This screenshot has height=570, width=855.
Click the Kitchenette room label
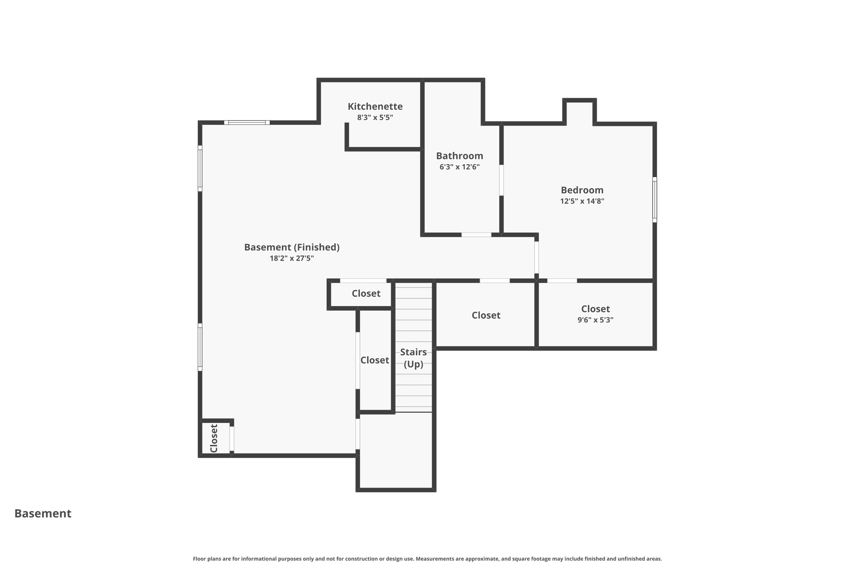pyautogui.click(x=375, y=106)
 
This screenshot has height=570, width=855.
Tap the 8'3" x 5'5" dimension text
pyautogui.click(x=375, y=118)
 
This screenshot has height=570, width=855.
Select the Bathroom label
pyautogui.click(x=459, y=156)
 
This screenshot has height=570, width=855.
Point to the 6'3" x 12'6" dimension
pyautogui.click(x=459, y=167)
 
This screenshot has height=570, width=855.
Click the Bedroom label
pyautogui.click(x=582, y=190)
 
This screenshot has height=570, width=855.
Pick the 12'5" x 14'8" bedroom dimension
pyautogui.click(x=582, y=201)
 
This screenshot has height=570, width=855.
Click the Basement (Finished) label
pyautogui.click(x=291, y=247)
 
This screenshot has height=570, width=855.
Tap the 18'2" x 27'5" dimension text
pyautogui.click(x=291, y=258)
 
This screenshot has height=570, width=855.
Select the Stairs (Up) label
pyautogui.click(x=413, y=358)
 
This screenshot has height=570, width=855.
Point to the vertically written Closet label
pyautogui.click(x=214, y=438)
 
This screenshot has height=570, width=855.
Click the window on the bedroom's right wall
pyautogui.click(x=654, y=200)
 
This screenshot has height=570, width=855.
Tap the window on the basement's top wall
pyautogui.click(x=247, y=123)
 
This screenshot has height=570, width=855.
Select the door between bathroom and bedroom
pyautogui.click(x=501, y=180)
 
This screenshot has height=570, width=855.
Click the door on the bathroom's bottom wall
pyautogui.click(x=476, y=235)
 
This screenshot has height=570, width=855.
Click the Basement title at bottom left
pyautogui.click(x=43, y=513)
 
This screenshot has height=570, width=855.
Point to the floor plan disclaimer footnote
pyautogui.click(x=427, y=559)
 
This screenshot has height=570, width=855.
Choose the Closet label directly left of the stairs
pyautogui.click(x=374, y=360)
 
